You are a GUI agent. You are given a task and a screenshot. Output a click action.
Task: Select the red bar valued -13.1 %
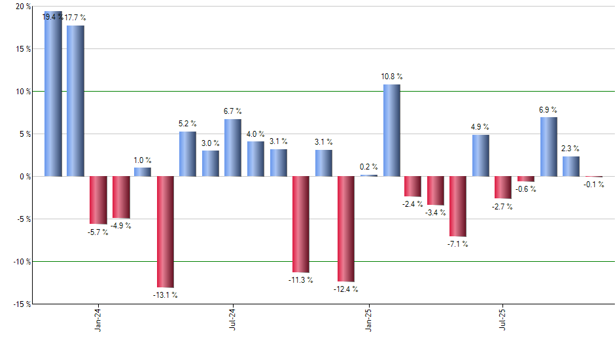click(x=165, y=232)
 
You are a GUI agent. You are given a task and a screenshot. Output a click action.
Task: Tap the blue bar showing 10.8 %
click(x=391, y=130)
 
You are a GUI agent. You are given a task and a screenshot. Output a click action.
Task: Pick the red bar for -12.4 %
click(x=345, y=228)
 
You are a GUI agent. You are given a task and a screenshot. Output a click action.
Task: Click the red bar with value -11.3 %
click(x=300, y=224)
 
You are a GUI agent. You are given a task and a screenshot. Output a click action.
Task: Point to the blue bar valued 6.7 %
click(x=233, y=147)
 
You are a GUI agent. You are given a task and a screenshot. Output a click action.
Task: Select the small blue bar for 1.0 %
click(x=143, y=172)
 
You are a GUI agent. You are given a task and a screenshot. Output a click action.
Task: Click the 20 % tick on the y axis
click(x=23, y=7)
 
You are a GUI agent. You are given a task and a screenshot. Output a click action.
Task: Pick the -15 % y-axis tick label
click(x=22, y=304)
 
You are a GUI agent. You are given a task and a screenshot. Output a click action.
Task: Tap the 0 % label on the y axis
click(x=25, y=176)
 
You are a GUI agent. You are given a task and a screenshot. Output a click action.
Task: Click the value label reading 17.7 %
click(x=75, y=18)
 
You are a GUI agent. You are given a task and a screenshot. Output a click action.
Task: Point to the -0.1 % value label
click(x=593, y=185)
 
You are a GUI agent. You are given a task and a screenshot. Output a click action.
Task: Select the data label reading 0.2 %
click(x=369, y=166)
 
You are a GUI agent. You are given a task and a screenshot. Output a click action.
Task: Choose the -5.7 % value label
click(x=97, y=232)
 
